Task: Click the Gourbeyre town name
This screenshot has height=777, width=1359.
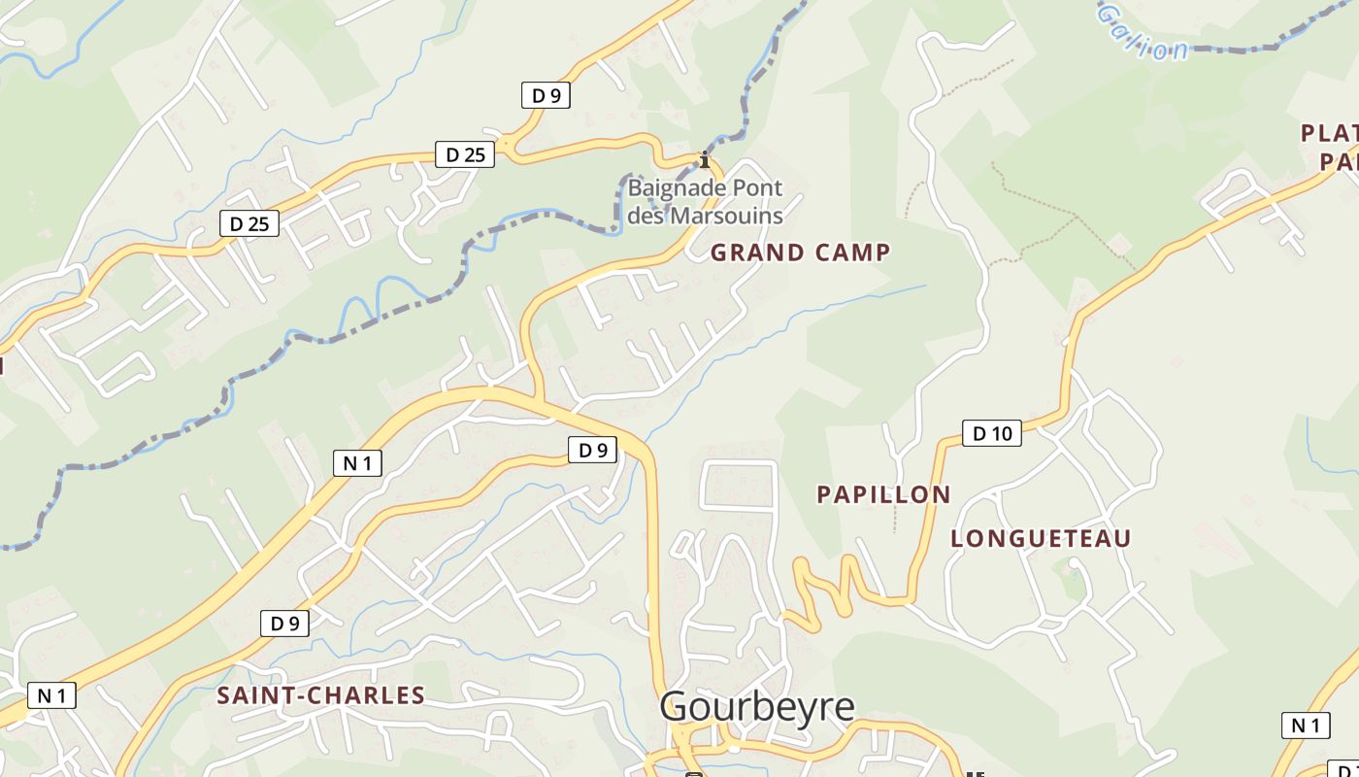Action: [757, 707]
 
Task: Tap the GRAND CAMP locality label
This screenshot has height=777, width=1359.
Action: [800, 253]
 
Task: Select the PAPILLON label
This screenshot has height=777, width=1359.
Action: [883, 494]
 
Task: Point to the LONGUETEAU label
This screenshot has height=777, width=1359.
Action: [1041, 539]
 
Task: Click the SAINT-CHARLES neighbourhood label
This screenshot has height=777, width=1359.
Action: [320, 695]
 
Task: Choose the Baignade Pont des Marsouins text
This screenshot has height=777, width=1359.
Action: [705, 201]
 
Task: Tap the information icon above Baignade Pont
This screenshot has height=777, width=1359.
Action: [705, 160]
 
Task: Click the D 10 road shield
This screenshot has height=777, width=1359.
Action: [992, 433]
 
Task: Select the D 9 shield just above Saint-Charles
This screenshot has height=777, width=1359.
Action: [284, 624]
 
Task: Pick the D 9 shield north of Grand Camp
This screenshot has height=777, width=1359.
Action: [546, 95]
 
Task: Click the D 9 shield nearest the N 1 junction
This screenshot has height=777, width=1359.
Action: [592, 450]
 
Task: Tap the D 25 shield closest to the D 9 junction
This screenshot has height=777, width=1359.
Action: [464, 154]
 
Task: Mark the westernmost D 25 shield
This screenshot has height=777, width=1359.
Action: [249, 224]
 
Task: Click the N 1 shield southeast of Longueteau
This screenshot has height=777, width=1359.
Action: [1306, 725]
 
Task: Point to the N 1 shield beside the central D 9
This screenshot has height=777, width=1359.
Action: [357, 463]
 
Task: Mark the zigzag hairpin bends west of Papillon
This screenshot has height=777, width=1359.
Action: [825, 588]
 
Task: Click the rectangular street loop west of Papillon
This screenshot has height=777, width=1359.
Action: [739, 485]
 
